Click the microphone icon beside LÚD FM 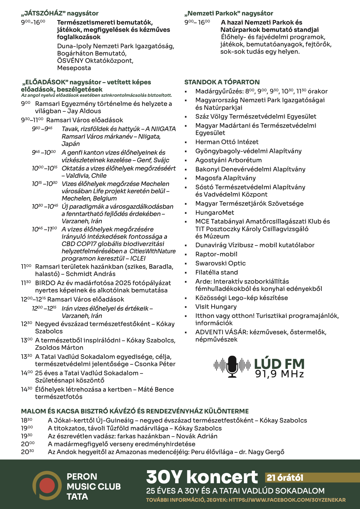coord(233,366)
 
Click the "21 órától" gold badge coord(285,478)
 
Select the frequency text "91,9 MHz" coord(279,374)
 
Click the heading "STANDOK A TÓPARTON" coord(222,82)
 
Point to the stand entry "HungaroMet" coord(215,213)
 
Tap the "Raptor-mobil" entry coord(216,254)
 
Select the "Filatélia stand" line coord(216,272)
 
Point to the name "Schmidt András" coord(90,274)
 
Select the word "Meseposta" coord(74,68)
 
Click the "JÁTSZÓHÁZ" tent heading coord(59,13)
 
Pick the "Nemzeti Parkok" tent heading coord(229,13)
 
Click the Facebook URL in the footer coord(287,500)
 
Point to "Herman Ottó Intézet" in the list coord(227,142)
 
